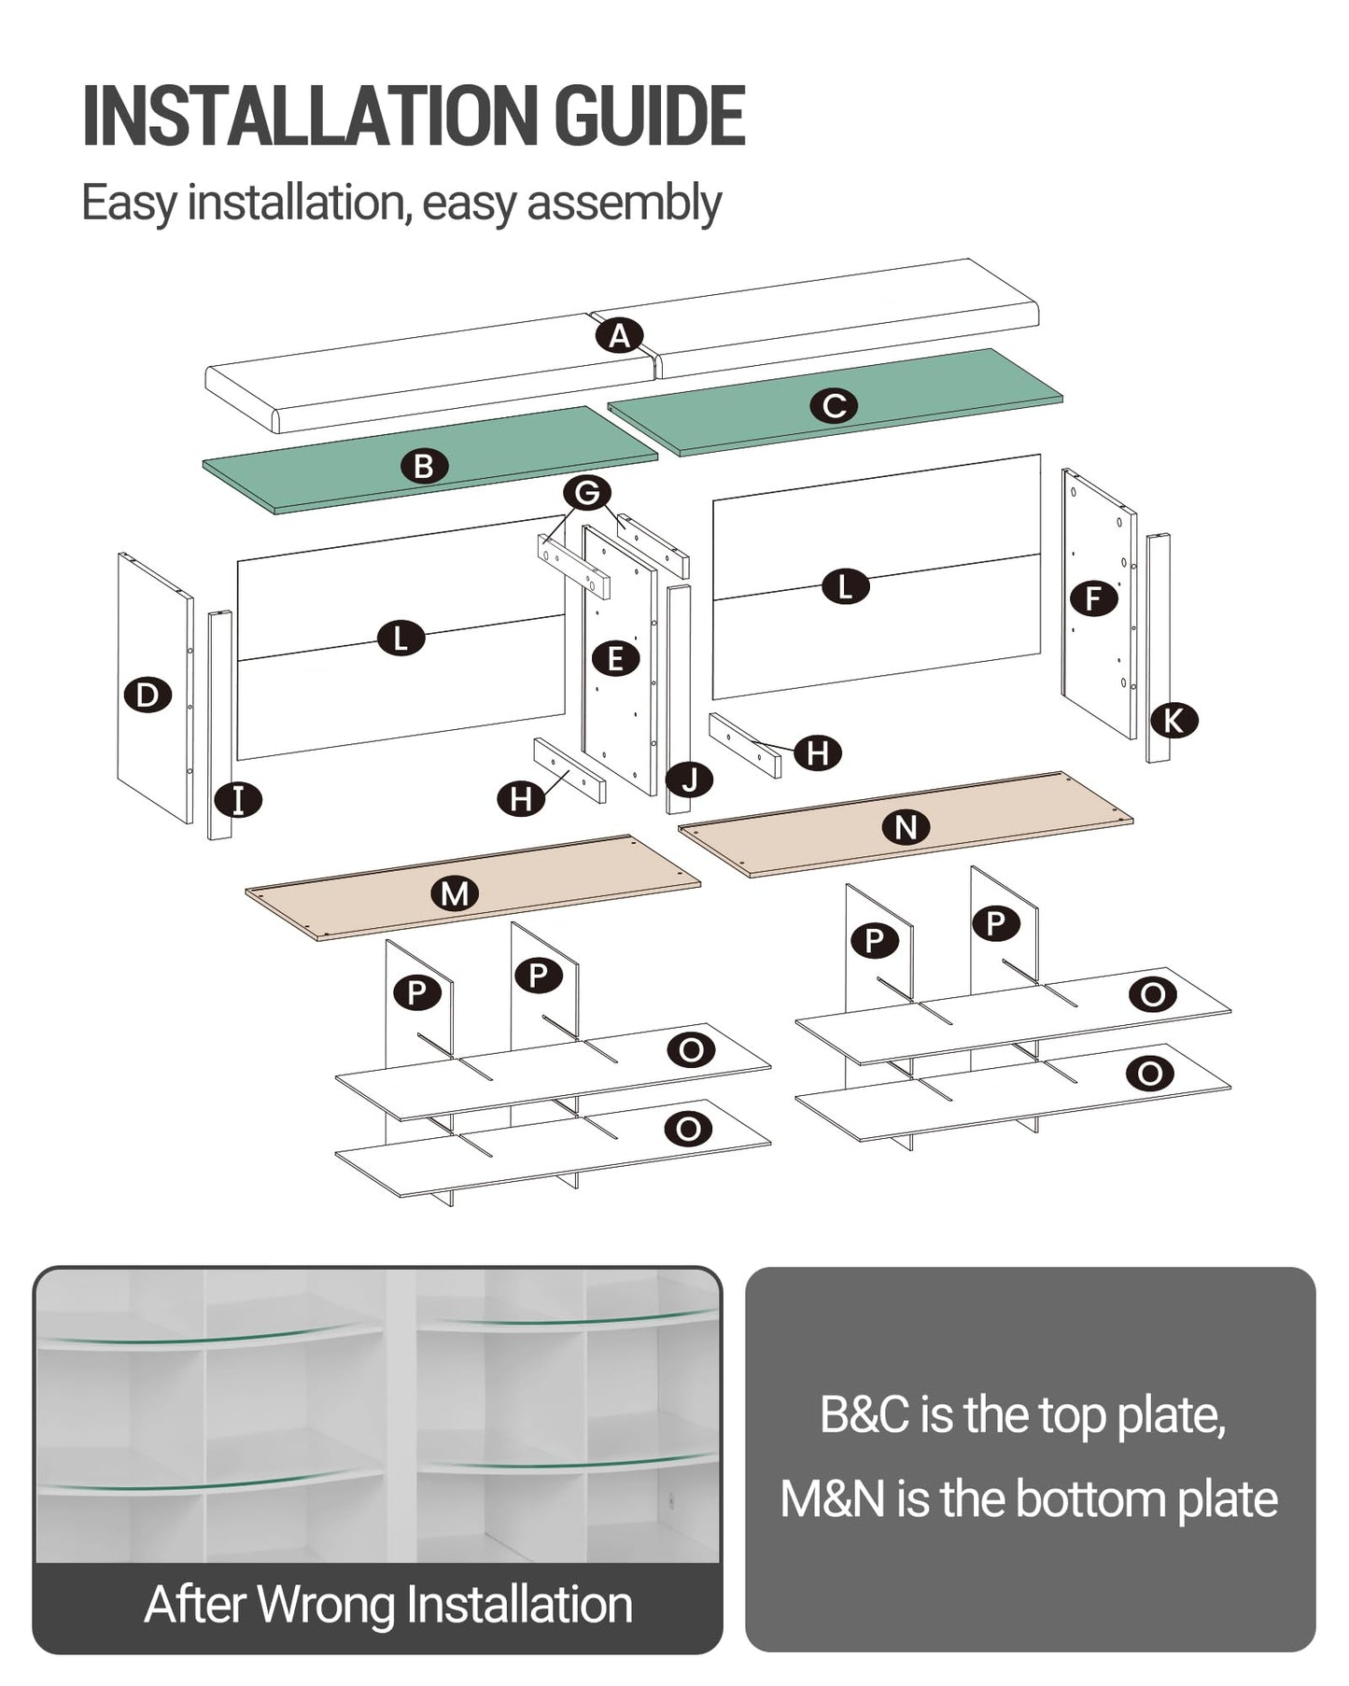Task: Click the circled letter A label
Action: (x=620, y=335)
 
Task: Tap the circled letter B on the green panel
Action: (x=424, y=466)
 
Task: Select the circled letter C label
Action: (x=834, y=405)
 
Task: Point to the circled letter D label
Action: (x=148, y=695)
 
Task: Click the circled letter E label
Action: (x=616, y=658)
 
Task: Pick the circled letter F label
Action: (x=1094, y=597)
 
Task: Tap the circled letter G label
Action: (x=587, y=492)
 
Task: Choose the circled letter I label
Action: (x=238, y=800)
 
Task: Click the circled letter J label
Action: (x=690, y=779)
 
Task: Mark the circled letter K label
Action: (x=1173, y=721)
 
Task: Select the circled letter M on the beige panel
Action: (x=455, y=893)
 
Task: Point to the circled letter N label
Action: (x=906, y=827)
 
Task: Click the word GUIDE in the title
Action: (x=650, y=117)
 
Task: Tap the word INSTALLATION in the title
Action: (x=312, y=117)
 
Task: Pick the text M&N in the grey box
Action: (x=833, y=1498)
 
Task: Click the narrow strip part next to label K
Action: (x=1159, y=648)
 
